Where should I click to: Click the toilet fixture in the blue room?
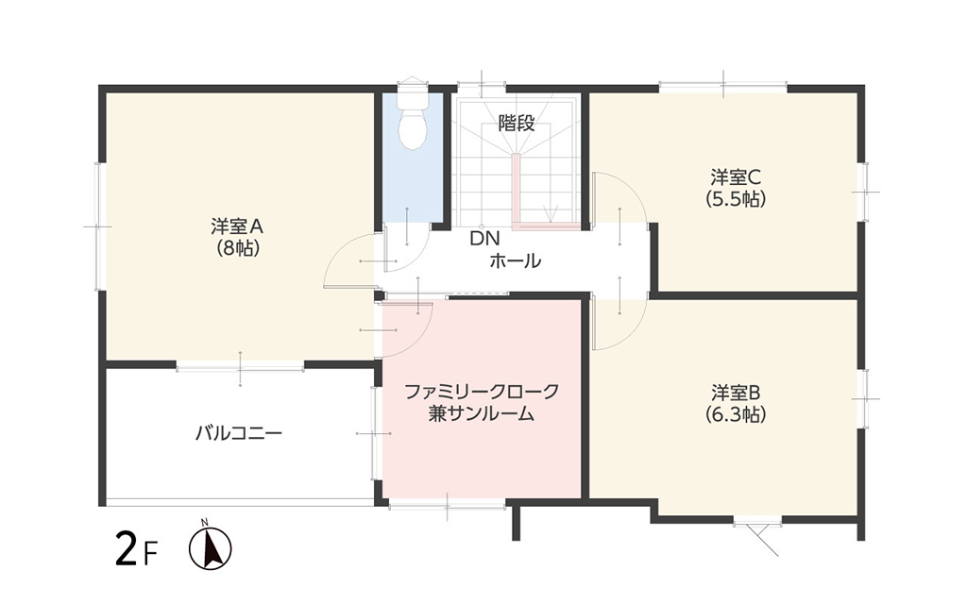coord(413,116)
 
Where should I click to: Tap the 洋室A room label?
coord(237,226)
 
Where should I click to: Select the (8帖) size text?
coord(237,248)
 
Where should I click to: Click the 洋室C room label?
coord(736,177)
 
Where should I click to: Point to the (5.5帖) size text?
coord(736,199)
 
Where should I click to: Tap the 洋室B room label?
coord(736,392)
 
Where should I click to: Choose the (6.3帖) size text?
coord(736,414)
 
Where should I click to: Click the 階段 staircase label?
coord(517,124)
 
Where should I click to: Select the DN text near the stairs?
coord(484,239)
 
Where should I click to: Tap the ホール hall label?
coord(516,261)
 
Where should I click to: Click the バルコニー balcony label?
coord(239,433)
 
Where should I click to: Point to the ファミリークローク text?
coord(482,392)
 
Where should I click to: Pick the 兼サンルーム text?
coord(482,413)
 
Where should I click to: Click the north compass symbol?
coord(210,545)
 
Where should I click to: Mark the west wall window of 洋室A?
coord(98,226)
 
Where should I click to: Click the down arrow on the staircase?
coord(551,212)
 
